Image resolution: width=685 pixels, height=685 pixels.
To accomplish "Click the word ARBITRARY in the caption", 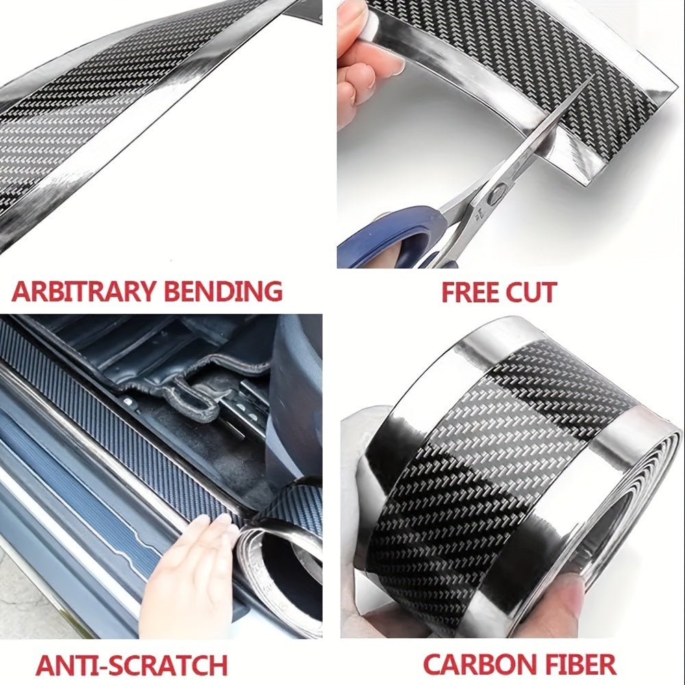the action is click(x=84, y=291).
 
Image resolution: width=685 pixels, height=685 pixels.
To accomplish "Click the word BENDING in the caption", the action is click(x=223, y=291).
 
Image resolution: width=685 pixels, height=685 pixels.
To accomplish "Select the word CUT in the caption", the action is click(x=531, y=292).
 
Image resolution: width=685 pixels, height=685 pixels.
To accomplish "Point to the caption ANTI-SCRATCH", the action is click(x=132, y=665).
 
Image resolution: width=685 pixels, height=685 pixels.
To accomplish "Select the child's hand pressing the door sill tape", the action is click(x=188, y=577).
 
